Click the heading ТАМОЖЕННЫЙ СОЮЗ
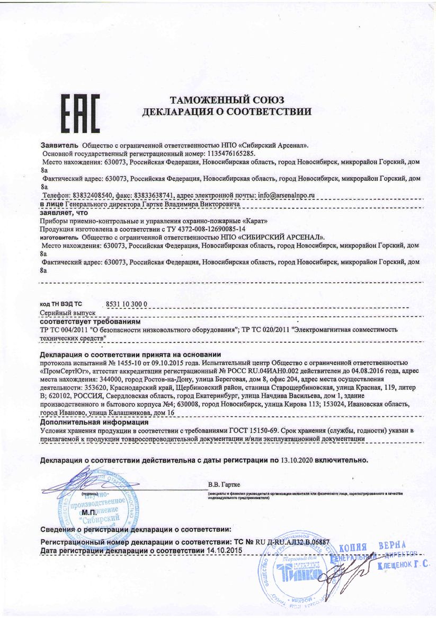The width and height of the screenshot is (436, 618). pyautogui.click(x=227, y=100)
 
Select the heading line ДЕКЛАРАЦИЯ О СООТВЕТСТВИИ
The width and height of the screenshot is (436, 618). pyautogui.click(x=227, y=112)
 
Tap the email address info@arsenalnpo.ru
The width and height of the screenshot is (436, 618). pyautogui.click(x=286, y=195)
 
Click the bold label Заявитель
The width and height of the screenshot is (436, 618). pyautogui.click(x=59, y=145)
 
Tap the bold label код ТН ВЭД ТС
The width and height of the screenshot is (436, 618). pyautogui.click(x=61, y=304)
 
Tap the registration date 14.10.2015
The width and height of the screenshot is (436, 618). pyautogui.click(x=223, y=552)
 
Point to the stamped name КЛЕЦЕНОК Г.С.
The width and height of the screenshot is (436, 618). pyautogui.click(x=402, y=567)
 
